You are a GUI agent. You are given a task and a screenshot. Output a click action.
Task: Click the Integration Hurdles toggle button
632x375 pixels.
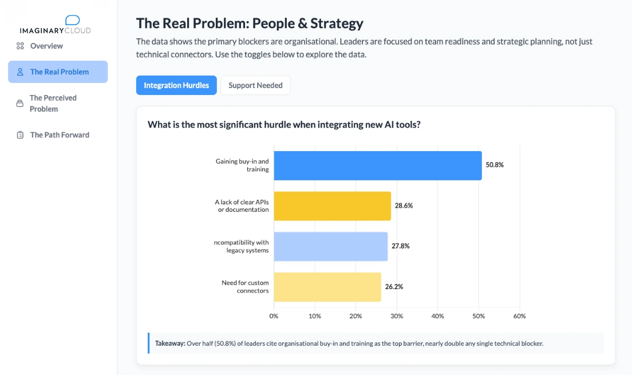tap(176, 85)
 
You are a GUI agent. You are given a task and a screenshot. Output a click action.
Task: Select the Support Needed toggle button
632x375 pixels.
tap(255, 85)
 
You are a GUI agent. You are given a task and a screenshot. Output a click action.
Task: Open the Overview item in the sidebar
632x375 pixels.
tap(46, 46)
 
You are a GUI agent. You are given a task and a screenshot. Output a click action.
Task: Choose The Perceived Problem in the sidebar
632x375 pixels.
tap(53, 103)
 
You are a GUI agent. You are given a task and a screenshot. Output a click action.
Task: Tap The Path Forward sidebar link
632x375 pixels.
tap(60, 135)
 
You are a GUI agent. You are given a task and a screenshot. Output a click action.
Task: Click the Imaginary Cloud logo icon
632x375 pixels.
tap(73, 21)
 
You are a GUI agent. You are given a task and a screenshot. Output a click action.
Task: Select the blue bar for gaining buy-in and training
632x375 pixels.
tap(377, 165)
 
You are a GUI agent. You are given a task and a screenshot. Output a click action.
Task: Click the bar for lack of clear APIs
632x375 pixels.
tap(332, 206)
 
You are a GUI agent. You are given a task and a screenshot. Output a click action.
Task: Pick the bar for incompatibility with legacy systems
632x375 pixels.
tap(330, 246)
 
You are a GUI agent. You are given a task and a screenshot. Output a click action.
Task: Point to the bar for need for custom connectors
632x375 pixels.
tap(327, 287)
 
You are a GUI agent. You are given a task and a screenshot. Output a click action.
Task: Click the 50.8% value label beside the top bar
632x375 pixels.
tap(495, 165)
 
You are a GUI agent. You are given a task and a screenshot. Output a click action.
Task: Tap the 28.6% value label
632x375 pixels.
tap(404, 206)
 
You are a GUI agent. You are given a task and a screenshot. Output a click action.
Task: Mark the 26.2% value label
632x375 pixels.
tap(394, 287)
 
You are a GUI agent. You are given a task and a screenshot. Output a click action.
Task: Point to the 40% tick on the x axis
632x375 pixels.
tap(437, 316)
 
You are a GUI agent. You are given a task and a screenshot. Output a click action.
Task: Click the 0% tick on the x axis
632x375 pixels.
tap(274, 316)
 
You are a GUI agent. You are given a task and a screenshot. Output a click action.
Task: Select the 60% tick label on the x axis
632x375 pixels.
tap(519, 316)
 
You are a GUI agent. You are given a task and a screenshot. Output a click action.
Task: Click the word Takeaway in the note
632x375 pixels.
tap(170, 344)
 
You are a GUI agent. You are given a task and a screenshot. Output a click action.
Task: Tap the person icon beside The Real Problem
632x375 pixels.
tap(20, 72)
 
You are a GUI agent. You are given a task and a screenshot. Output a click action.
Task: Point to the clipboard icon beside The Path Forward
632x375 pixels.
tap(20, 135)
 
